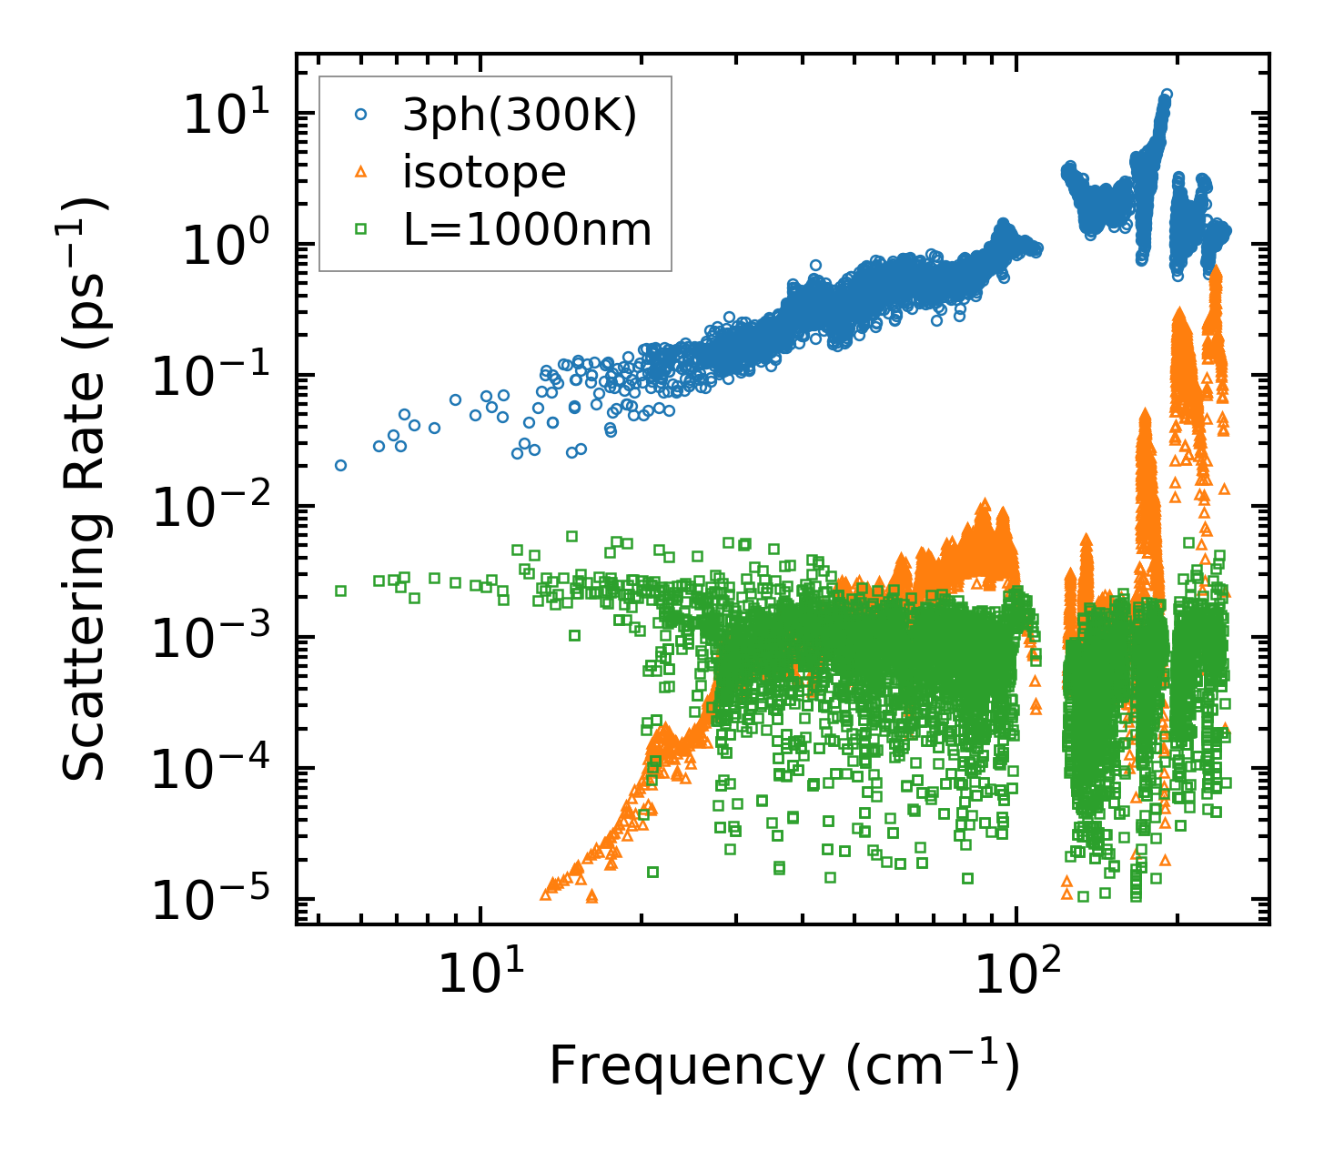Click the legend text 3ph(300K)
tap(520, 116)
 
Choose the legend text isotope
tap(484, 172)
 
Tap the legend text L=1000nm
tap(528, 229)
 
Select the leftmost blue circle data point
tap(340, 465)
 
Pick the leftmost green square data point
tap(340, 591)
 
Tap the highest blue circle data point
tap(1166, 94)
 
